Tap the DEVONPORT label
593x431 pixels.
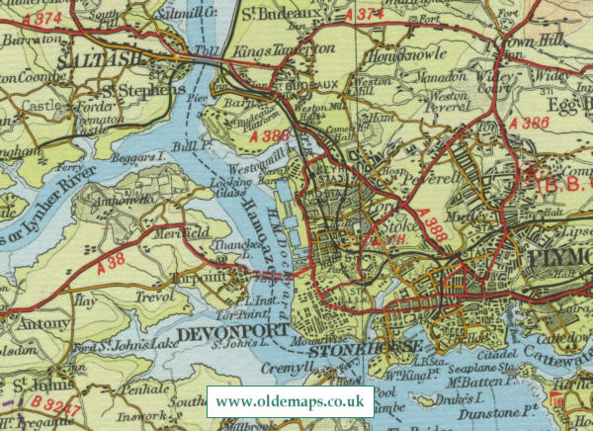point(242,329)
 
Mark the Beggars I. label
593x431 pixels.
point(128,160)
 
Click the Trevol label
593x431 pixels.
point(155,296)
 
